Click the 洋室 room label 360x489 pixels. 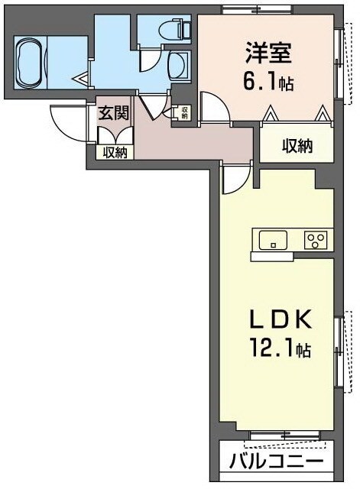point(268,54)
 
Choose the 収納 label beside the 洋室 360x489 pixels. point(296,146)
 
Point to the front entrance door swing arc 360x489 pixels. point(65,118)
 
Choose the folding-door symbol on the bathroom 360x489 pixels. point(81,76)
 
